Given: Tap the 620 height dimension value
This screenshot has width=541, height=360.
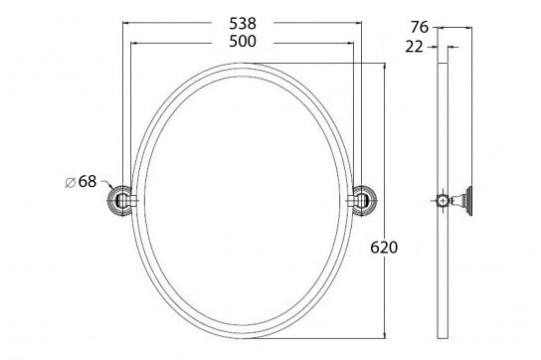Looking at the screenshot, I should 384,247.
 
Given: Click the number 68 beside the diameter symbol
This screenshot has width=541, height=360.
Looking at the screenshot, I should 88,180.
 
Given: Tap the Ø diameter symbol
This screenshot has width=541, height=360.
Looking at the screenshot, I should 70,181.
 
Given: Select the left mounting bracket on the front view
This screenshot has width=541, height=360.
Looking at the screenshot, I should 118,202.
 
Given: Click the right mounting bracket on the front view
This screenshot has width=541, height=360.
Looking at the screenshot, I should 363,202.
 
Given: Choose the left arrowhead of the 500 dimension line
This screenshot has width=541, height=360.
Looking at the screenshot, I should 134,42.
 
